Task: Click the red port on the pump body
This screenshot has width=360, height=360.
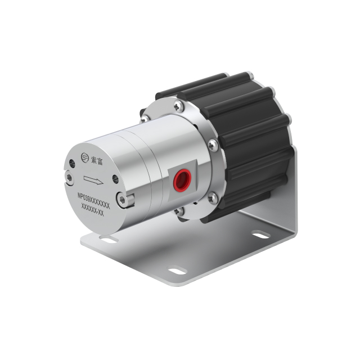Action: click(x=182, y=179)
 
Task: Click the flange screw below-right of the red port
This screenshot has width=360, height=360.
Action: click(x=212, y=197)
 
